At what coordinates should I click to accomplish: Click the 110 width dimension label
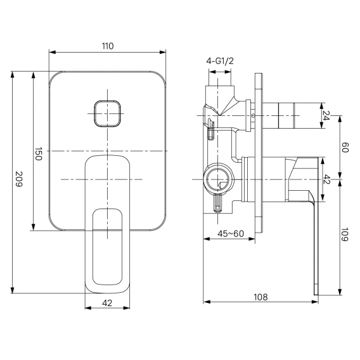click(x=108, y=46)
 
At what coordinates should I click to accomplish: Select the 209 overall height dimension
click(x=18, y=179)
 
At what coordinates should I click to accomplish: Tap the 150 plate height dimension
click(x=38, y=154)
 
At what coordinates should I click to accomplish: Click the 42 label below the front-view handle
click(x=107, y=304)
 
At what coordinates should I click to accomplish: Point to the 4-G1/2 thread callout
click(x=220, y=61)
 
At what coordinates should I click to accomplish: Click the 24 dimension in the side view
click(x=326, y=115)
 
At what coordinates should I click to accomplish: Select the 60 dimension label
click(x=345, y=148)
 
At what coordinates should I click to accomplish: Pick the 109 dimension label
click(x=345, y=235)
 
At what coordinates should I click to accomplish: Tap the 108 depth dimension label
click(x=260, y=297)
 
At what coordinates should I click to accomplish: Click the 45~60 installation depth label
click(x=231, y=234)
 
